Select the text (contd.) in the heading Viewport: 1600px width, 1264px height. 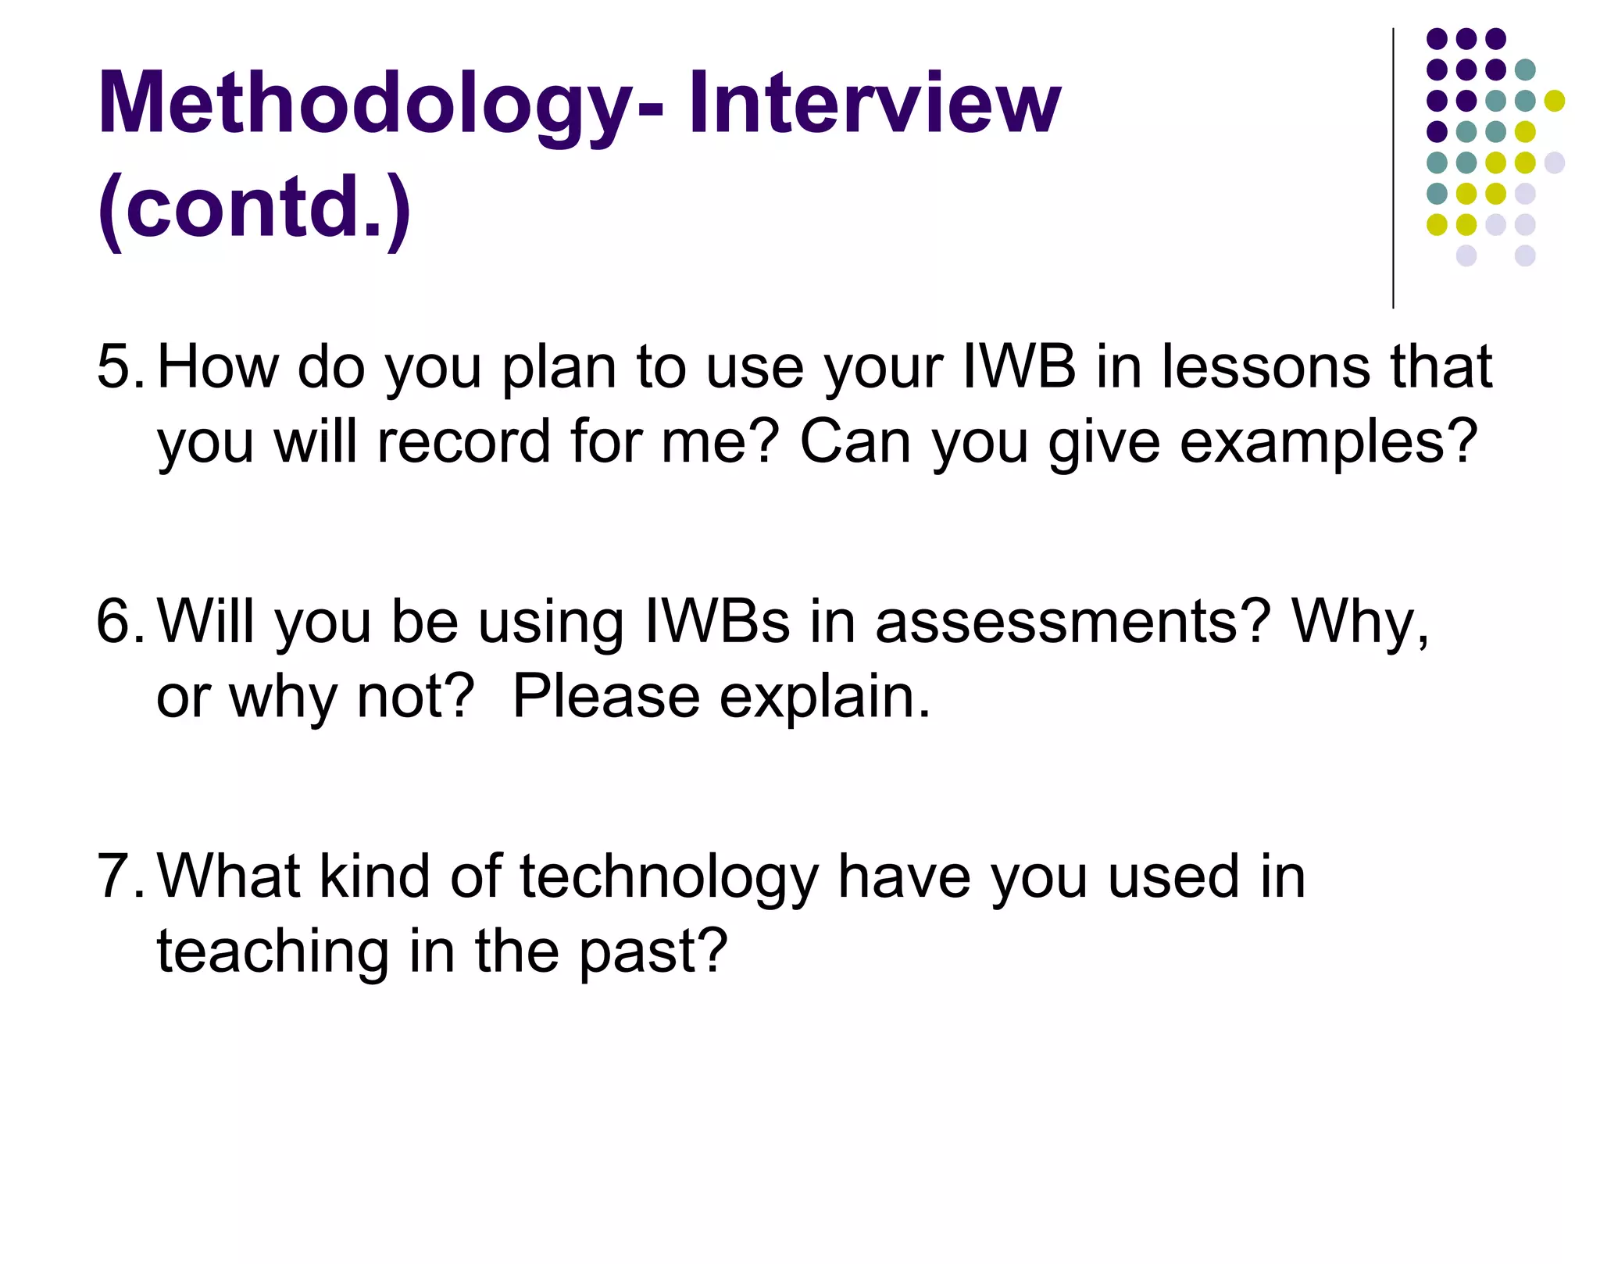coord(255,208)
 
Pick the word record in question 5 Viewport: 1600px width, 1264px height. coord(464,441)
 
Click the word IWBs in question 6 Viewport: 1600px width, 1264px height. coord(716,621)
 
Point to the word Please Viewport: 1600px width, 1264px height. coord(605,696)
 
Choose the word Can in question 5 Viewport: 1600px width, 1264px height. coord(855,441)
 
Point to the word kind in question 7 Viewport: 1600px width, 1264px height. coord(375,876)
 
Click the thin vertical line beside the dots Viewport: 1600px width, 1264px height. coord(1393,168)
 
